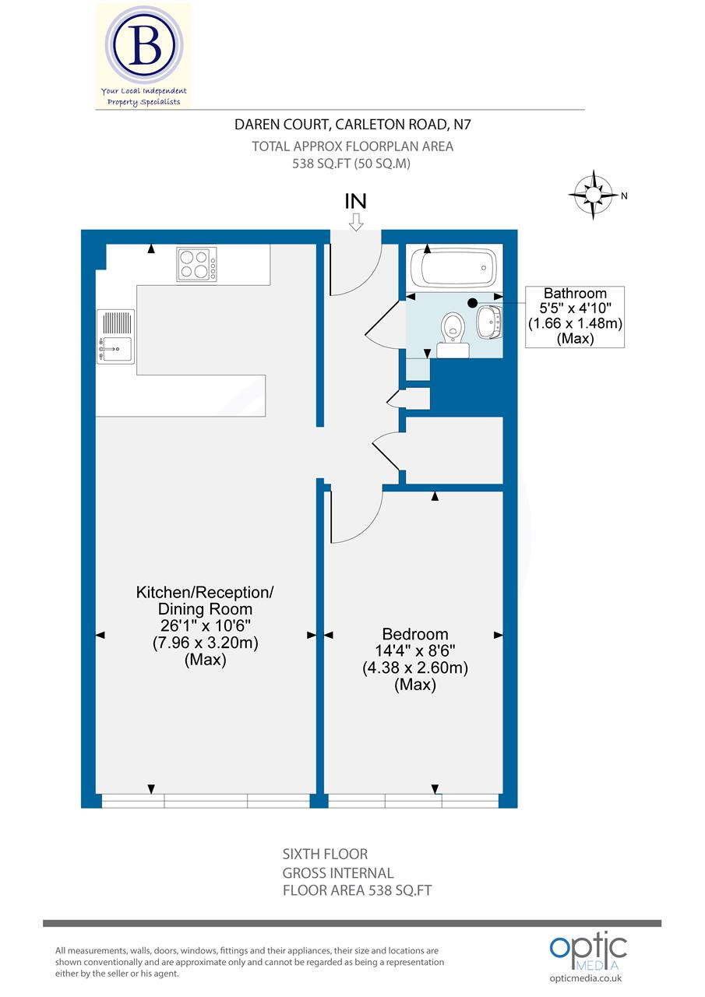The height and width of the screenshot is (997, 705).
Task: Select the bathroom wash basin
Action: [x=488, y=322]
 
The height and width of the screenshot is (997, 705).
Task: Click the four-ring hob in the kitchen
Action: [x=196, y=263]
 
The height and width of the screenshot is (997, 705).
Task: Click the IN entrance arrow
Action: [x=356, y=222]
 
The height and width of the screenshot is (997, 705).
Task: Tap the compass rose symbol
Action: [x=593, y=194]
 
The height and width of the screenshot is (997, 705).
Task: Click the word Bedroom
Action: [x=414, y=634]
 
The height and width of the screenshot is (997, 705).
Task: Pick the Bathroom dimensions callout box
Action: [x=575, y=316]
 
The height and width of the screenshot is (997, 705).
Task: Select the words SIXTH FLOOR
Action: [x=325, y=854]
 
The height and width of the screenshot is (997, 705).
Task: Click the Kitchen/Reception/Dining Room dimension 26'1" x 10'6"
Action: [x=205, y=626]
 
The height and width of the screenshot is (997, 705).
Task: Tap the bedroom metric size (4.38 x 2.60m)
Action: [x=414, y=668]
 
